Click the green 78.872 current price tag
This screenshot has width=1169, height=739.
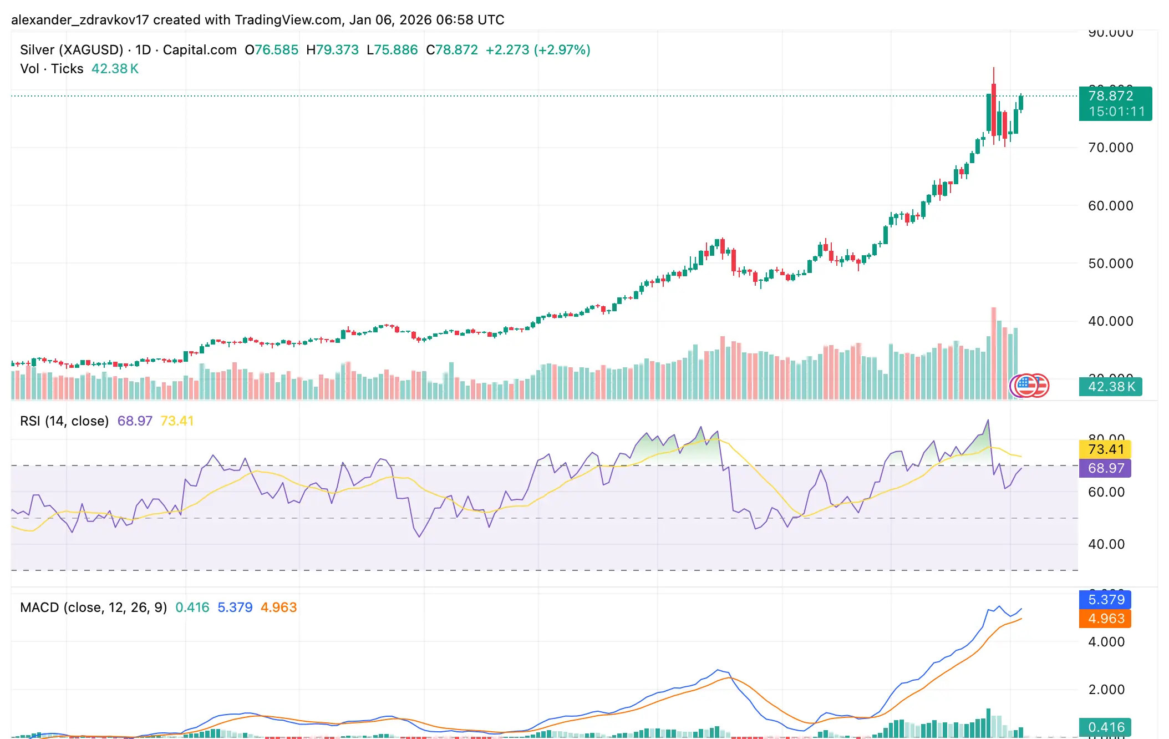point(1111,96)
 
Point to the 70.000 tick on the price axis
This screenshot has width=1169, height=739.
point(1110,148)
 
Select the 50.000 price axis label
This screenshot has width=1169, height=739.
point(1110,264)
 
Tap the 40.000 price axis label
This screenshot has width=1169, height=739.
point(1110,321)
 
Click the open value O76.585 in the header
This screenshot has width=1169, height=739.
point(271,50)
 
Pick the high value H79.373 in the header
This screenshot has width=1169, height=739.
point(332,50)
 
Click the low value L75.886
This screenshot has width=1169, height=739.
point(392,50)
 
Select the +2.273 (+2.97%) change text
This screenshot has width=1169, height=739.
point(537,50)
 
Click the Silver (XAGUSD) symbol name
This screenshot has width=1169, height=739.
point(72,50)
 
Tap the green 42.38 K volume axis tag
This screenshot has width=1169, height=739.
point(1111,387)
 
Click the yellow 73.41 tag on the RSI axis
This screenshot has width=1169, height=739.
point(1105,449)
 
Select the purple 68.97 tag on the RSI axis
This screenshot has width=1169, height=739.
point(1105,468)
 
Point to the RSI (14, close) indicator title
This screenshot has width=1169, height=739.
point(64,421)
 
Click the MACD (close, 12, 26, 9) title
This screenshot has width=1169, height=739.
point(93,608)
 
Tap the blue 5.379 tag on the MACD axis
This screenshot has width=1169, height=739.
point(1105,600)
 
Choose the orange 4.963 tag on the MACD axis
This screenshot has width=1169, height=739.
point(1105,619)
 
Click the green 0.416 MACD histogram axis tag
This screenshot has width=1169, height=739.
point(1105,727)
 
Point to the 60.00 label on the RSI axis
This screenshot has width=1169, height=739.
point(1106,492)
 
